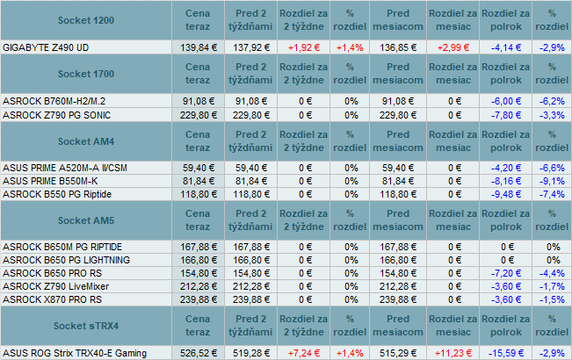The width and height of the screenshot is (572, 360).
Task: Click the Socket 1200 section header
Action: click(x=84, y=20)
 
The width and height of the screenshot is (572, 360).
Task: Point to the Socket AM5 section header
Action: click(x=84, y=220)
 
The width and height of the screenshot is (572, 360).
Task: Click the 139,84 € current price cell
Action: click(x=198, y=47)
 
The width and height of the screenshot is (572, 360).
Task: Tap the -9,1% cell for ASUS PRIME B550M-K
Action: click(x=553, y=180)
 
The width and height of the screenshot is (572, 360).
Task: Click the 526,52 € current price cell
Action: click(x=198, y=353)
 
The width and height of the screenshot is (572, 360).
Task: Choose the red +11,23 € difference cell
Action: click(x=453, y=353)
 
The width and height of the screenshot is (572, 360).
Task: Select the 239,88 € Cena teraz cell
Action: click(x=198, y=299)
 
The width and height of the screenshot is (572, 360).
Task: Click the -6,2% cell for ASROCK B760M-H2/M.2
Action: click(x=553, y=101)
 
